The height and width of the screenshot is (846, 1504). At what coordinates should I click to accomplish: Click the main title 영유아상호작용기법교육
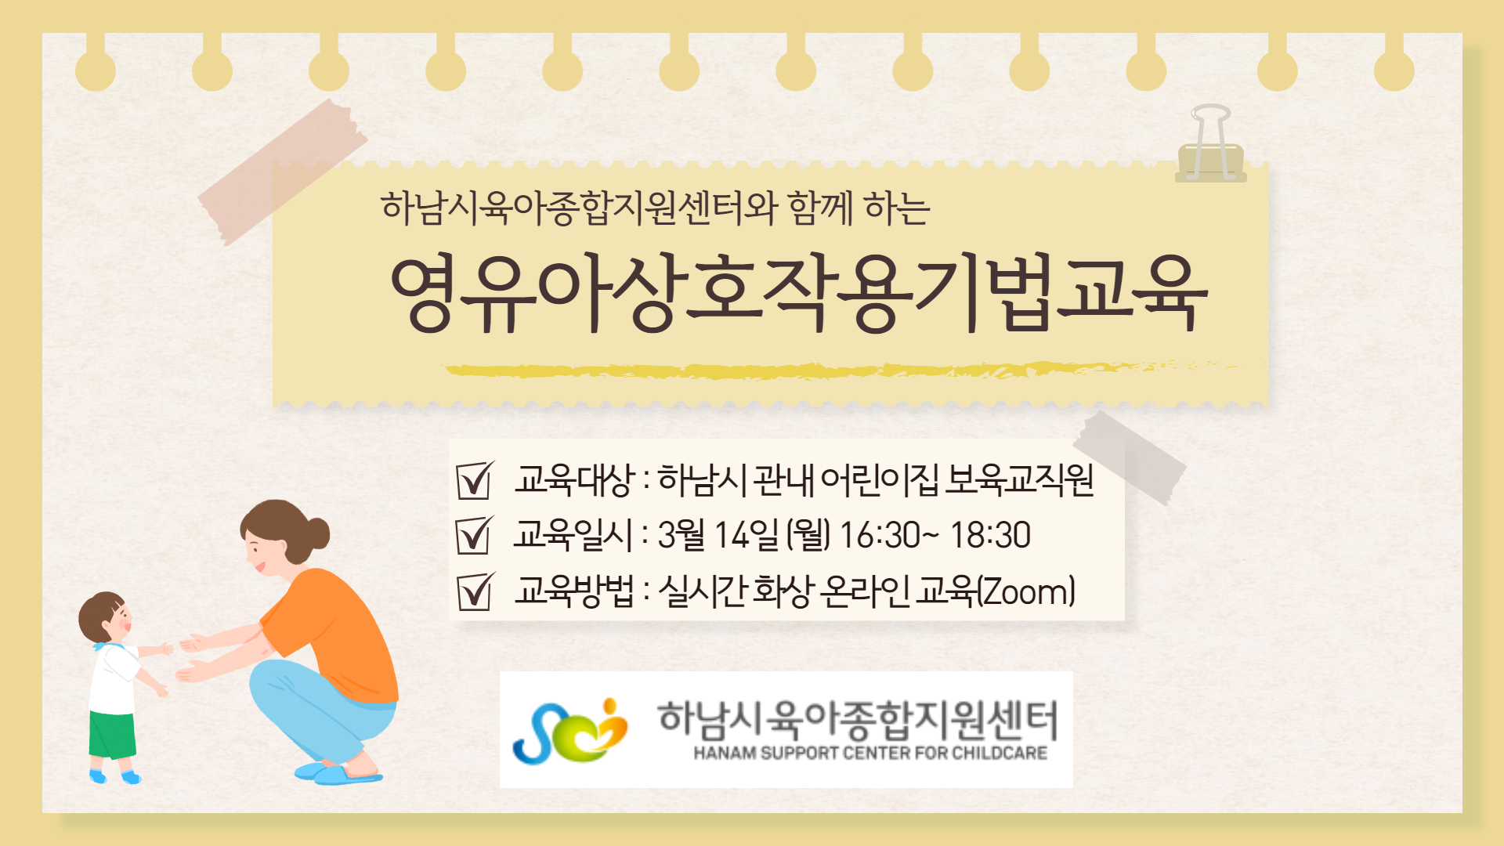tap(799, 294)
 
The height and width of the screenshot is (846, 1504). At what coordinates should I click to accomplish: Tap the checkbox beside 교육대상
tap(475, 479)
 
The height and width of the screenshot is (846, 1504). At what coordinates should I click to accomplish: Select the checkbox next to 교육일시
tap(475, 535)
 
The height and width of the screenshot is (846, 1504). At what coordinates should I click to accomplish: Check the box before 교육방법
tap(475, 591)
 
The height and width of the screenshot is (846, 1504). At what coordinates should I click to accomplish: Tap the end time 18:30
tap(990, 536)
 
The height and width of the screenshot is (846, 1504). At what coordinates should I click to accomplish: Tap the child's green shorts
tap(112, 735)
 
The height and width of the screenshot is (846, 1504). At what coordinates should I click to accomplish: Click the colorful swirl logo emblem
tap(570, 731)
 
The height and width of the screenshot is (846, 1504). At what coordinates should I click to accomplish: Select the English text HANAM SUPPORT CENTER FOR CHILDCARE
tap(870, 754)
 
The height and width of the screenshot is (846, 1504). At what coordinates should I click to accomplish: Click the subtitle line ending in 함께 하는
tap(656, 209)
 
